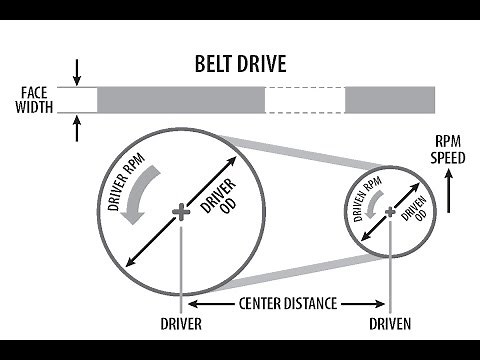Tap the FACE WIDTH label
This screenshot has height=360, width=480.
pos(35,100)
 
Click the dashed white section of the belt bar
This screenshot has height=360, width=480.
pos(304,100)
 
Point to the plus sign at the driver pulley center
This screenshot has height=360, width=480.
pos(180,211)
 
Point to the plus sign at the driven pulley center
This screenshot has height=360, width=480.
pos(389,210)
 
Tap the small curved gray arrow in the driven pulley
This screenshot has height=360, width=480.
pos(373,204)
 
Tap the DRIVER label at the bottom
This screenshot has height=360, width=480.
pos(180,324)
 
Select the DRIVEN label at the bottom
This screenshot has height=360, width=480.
pos(389,324)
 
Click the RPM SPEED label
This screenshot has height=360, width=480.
pos(447,150)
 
